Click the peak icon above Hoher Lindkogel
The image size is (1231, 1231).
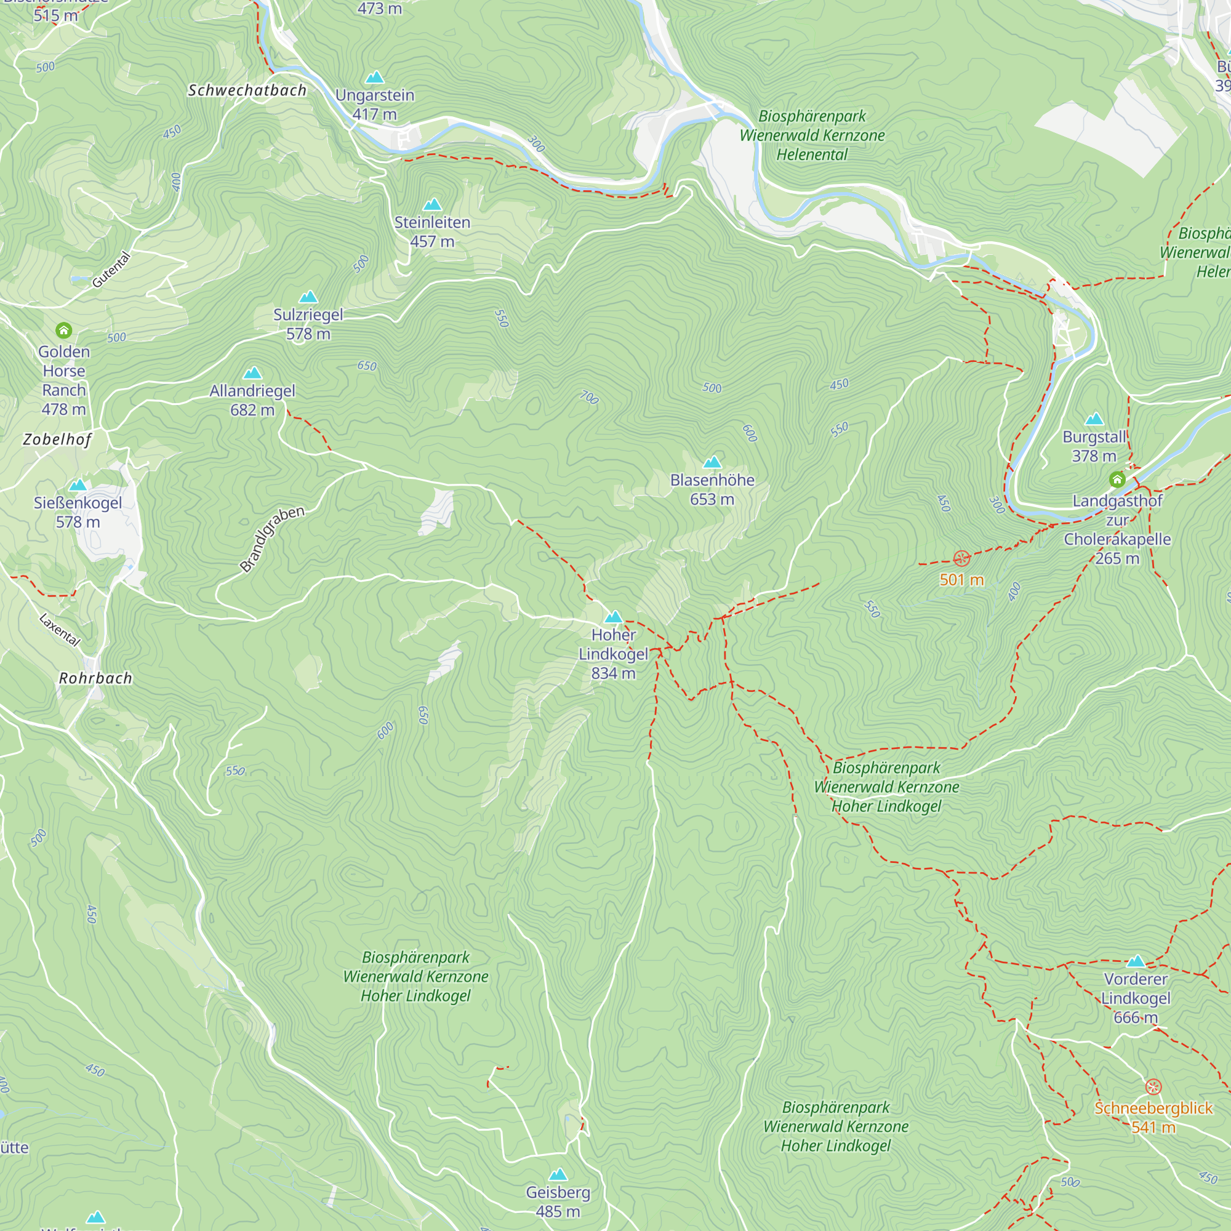[x=613, y=617]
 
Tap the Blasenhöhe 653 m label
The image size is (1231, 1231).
[x=712, y=489]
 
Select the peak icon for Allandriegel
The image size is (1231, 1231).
[x=253, y=373]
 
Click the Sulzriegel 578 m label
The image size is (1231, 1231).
[x=308, y=324]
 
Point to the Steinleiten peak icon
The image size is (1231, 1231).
[x=433, y=204]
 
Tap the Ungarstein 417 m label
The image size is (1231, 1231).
[x=375, y=105]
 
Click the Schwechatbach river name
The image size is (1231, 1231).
[x=247, y=90]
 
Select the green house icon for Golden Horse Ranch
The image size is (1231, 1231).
[x=64, y=330]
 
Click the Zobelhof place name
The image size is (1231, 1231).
[x=57, y=439]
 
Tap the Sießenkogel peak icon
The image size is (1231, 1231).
[x=78, y=485]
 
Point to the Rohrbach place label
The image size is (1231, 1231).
[x=95, y=678]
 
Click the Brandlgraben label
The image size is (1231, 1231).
[x=272, y=539]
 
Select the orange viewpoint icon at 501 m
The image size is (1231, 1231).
[x=961, y=559]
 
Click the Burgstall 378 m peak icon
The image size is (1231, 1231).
[x=1094, y=419]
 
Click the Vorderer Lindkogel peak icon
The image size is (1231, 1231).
[x=1136, y=961]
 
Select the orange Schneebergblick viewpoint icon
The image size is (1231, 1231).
[x=1153, y=1086]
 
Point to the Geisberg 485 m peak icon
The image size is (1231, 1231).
[x=558, y=1174]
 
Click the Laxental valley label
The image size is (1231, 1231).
[x=60, y=630]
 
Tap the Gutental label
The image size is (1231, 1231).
[x=111, y=270]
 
